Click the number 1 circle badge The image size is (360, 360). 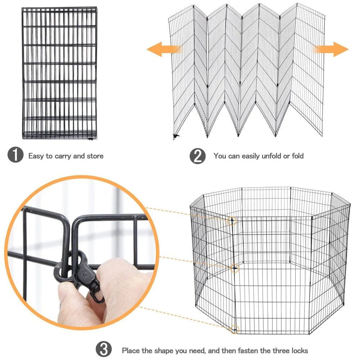(x=15, y=156)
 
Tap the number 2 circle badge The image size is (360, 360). (x=198, y=156)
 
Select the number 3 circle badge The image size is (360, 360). (x=104, y=350)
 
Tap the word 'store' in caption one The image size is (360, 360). (x=94, y=156)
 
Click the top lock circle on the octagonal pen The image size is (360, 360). (x=232, y=220)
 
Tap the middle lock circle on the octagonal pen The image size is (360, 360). (x=235, y=268)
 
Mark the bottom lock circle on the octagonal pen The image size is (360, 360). (x=235, y=329)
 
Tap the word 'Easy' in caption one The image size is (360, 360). (x=36, y=156)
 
